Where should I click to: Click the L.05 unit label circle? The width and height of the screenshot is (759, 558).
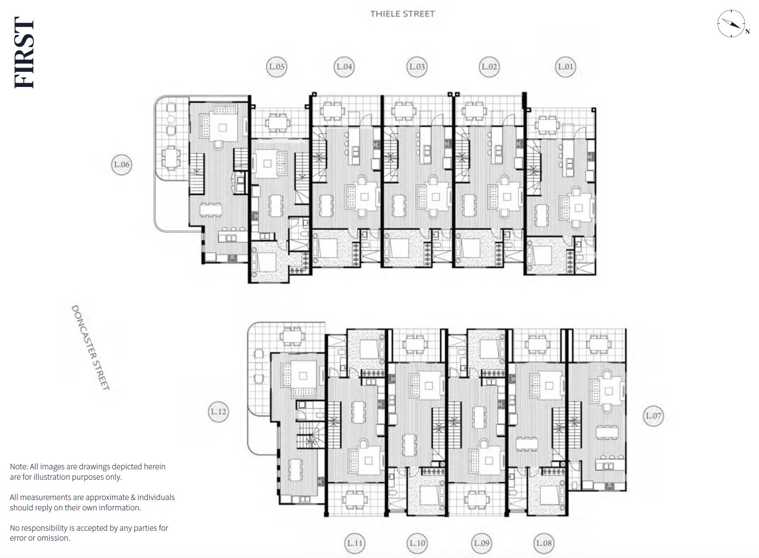tap(277, 67)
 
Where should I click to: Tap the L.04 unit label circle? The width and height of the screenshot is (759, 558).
tap(344, 67)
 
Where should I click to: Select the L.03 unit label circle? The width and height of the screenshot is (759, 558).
tap(417, 67)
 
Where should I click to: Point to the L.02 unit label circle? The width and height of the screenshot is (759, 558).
tap(489, 67)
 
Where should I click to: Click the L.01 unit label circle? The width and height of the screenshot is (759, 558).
tap(566, 67)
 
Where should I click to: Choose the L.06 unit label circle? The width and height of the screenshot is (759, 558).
tap(122, 164)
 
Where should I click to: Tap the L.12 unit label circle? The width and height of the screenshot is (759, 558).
tap(219, 411)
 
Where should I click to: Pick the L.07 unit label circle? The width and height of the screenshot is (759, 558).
tap(653, 416)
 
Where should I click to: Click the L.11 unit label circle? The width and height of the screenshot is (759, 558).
tap(355, 543)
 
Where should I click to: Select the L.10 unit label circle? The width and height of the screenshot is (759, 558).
tap(418, 543)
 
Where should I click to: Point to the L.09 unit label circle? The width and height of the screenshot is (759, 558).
tap(482, 543)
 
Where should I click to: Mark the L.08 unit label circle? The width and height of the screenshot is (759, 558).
tap(544, 543)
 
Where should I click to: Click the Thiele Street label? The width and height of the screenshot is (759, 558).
tap(402, 14)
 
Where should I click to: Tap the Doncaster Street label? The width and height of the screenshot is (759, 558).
tap(90, 347)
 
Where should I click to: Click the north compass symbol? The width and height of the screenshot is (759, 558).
tap(732, 23)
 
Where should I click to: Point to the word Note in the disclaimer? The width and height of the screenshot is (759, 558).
tap(19, 467)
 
